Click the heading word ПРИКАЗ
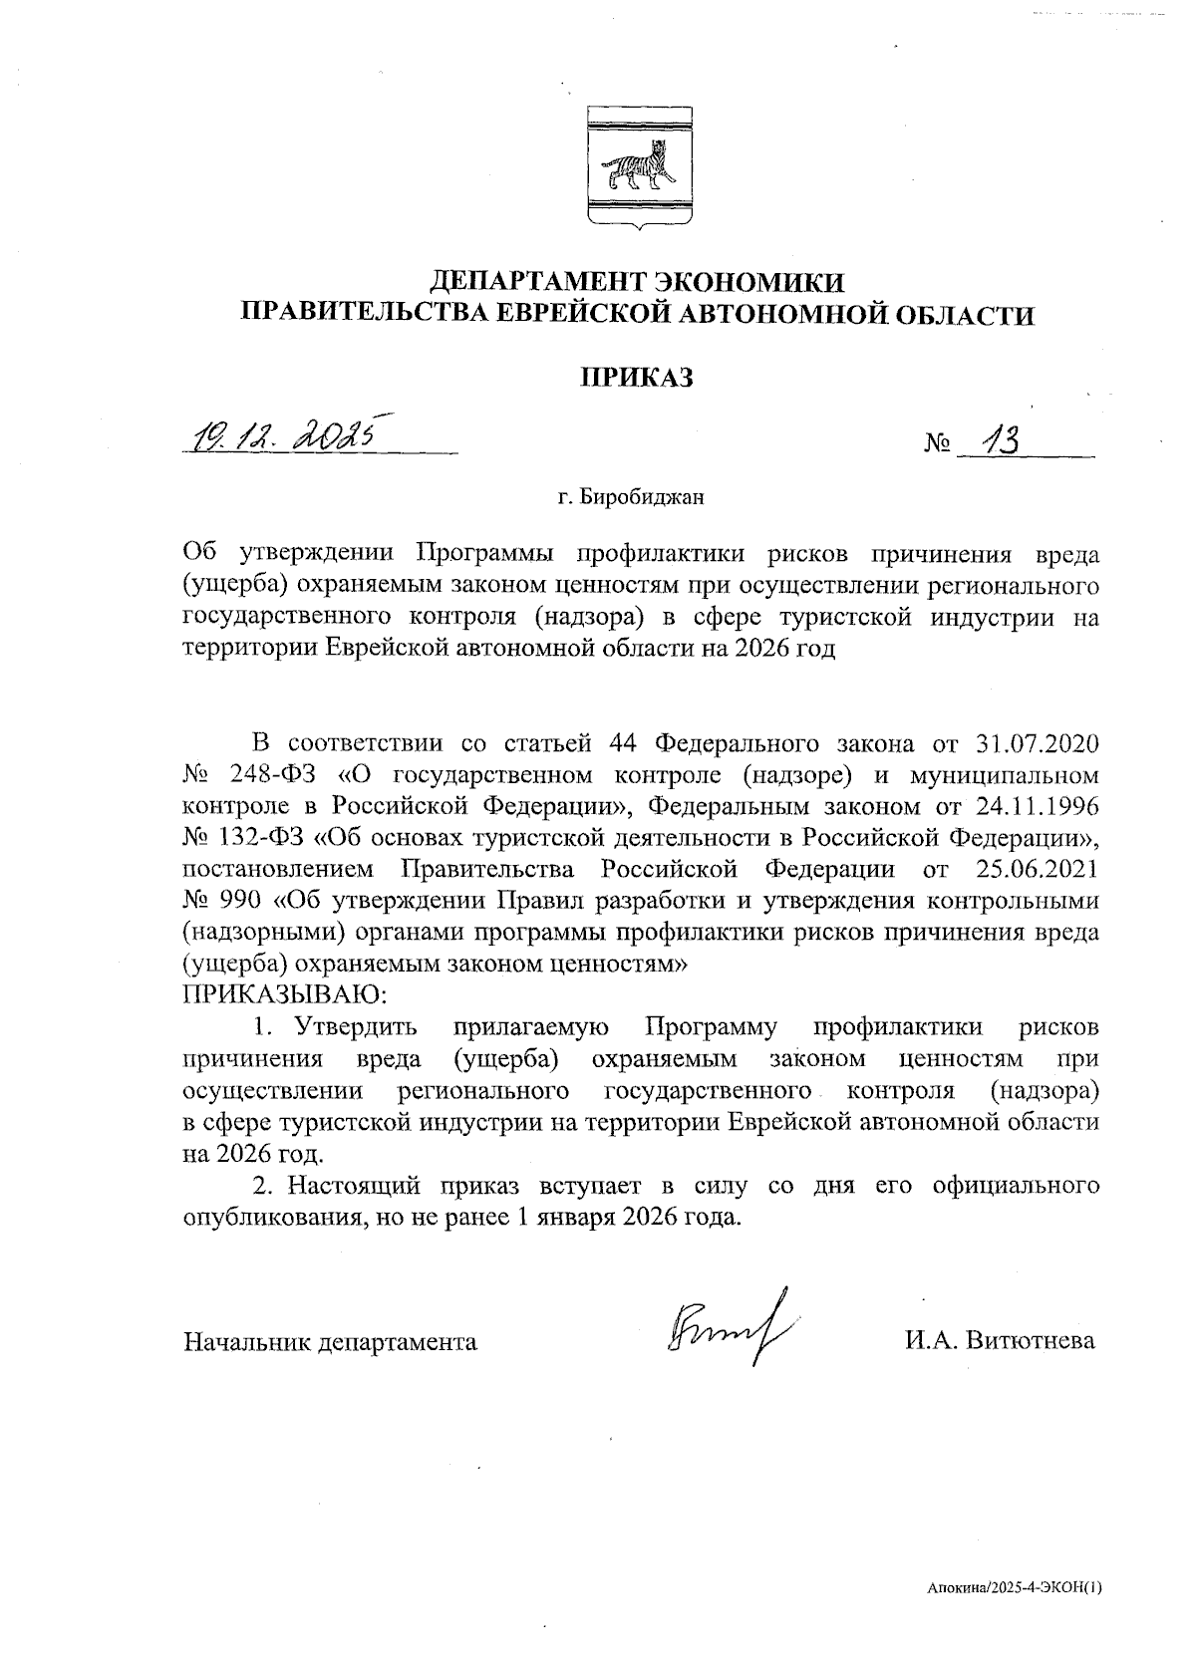point(636,378)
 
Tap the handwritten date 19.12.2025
point(286,434)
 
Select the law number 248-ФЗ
point(265,775)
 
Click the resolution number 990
point(238,901)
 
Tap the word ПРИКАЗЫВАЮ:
point(284,993)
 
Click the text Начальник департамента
point(330,1342)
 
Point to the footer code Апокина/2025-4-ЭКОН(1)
point(1014,1590)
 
